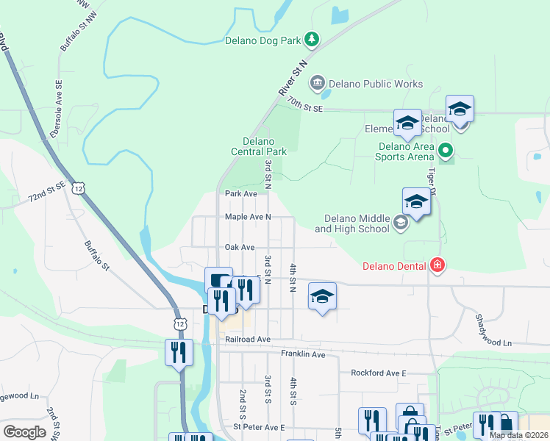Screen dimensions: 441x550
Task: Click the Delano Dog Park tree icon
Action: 312,38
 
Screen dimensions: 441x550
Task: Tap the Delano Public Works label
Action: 376,84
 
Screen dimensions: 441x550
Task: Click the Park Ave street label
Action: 241,194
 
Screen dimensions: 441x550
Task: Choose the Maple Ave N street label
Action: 248,217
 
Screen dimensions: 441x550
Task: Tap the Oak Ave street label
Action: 240,248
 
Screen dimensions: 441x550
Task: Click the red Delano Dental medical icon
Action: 438,265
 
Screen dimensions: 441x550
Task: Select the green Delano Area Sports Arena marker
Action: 445,151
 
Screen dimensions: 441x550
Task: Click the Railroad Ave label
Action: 249,340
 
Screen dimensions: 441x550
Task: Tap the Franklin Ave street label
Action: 303,354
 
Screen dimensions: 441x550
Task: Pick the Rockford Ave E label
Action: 379,373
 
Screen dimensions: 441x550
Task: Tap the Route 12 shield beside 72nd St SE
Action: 79,189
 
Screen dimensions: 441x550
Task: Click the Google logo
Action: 24,432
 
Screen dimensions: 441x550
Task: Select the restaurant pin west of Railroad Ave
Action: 179,353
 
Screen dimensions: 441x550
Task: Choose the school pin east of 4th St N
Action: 322,296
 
